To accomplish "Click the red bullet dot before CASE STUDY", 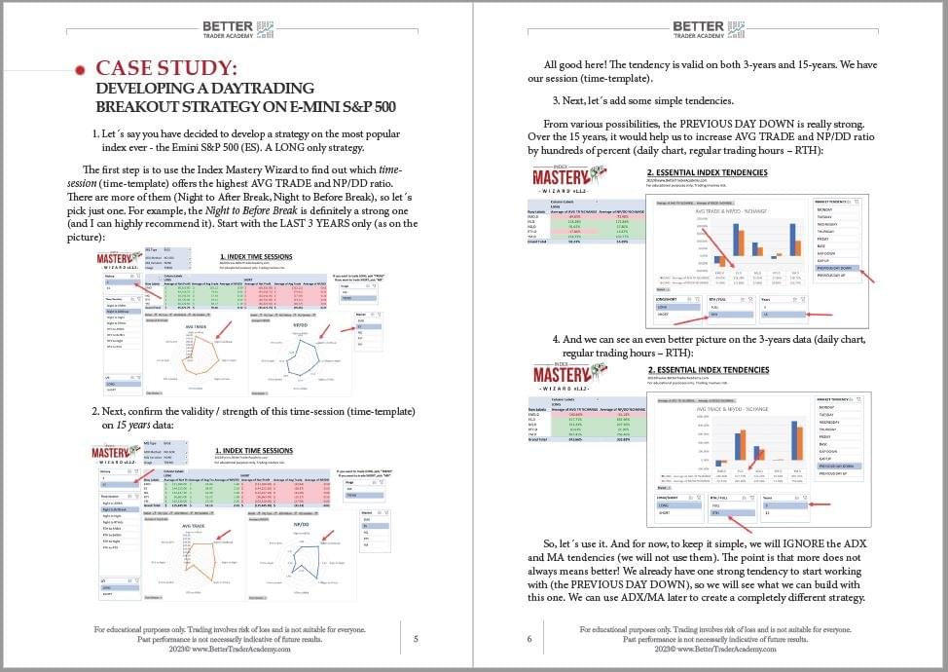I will click(x=80, y=69).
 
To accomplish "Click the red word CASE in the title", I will click(x=122, y=68).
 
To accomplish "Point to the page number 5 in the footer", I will click(x=416, y=639).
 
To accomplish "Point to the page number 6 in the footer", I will click(x=530, y=639).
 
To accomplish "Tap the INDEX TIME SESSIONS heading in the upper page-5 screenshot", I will click(x=256, y=257).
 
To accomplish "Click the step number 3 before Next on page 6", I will click(x=555, y=100).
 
